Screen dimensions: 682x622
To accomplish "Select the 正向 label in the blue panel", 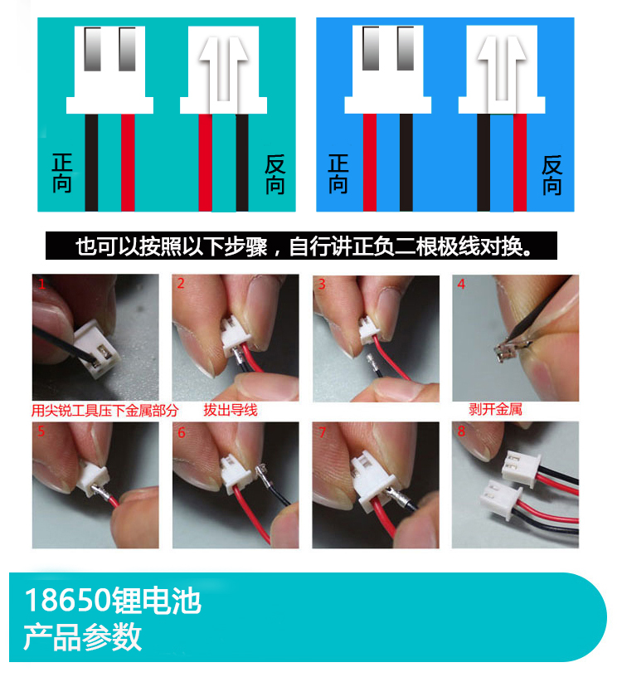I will (x=338, y=173).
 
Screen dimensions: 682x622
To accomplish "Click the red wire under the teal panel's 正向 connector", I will (x=128, y=162).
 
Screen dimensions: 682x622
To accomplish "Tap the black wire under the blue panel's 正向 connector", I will (x=406, y=162).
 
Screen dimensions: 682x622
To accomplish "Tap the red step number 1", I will (x=40, y=285).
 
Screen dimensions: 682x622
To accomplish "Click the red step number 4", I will (x=461, y=285).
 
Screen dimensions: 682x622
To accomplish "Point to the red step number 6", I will (x=181, y=432).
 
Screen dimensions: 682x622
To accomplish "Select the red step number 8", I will (x=461, y=432).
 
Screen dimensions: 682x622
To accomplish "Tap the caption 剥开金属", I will (x=495, y=410).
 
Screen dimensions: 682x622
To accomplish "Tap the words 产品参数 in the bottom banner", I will (x=82, y=636).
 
